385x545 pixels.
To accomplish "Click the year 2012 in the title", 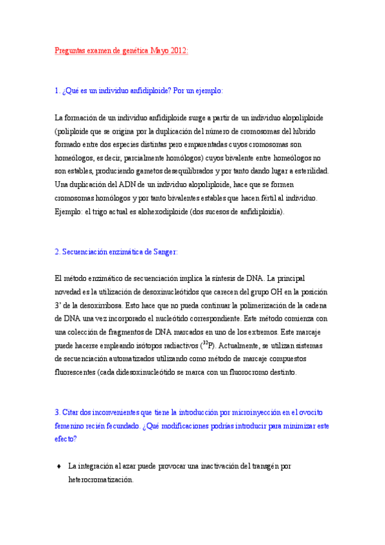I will point(179,51).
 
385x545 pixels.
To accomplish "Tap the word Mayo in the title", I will point(160,51).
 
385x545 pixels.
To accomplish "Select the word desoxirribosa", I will point(100,305).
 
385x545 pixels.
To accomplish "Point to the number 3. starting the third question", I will point(57,412).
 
